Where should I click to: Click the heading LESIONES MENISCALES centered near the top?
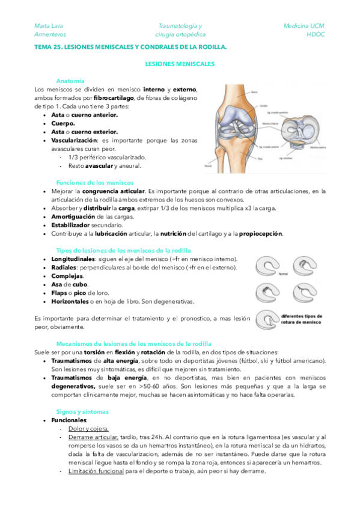180,63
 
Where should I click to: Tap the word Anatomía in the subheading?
70,81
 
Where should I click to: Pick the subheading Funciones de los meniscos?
94,182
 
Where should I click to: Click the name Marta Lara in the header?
49,26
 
